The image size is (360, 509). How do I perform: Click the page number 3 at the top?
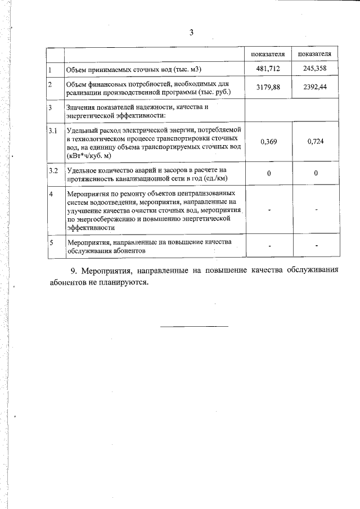tap(191, 33)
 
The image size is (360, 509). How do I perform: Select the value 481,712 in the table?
tap(269, 69)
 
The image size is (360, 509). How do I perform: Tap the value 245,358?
tap(316, 69)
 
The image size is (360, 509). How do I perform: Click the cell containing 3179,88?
tap(268, 87)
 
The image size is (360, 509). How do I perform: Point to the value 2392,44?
tap(316, 87)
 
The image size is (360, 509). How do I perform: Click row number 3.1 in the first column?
tap(52, 130)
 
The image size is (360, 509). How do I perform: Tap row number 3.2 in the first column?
tap(52, 170)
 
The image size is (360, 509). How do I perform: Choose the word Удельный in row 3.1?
tap(80, 130)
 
